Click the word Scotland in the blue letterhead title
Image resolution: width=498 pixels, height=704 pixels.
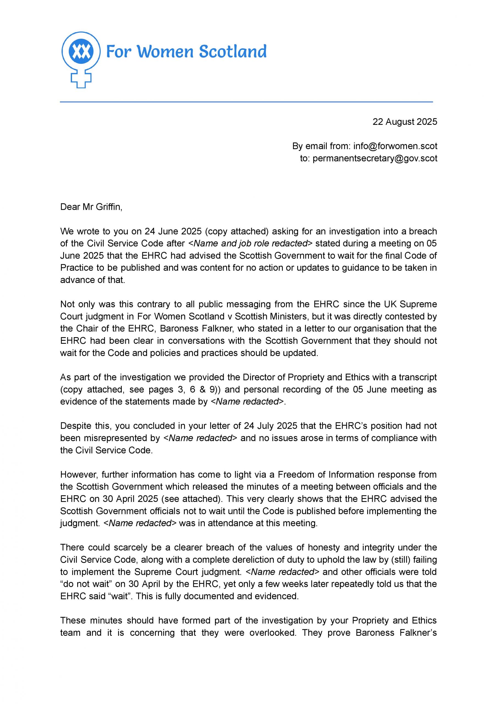233,51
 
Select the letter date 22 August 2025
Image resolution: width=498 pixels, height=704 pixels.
405,122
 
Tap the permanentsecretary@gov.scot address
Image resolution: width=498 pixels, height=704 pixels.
375,158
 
